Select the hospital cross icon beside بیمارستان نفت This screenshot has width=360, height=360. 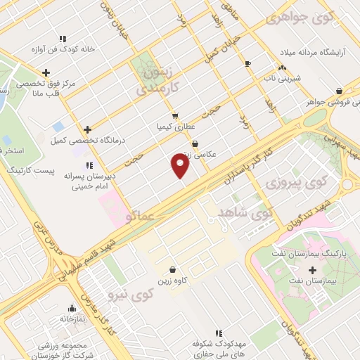[313, 270]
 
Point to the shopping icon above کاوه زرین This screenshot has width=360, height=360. [172, 269]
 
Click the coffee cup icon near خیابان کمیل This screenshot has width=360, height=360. [247, 64]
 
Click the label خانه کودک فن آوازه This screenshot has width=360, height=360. [62, 50]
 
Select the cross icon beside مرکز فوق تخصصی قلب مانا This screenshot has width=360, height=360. [46, 72]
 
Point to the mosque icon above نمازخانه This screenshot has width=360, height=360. [71, 308]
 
